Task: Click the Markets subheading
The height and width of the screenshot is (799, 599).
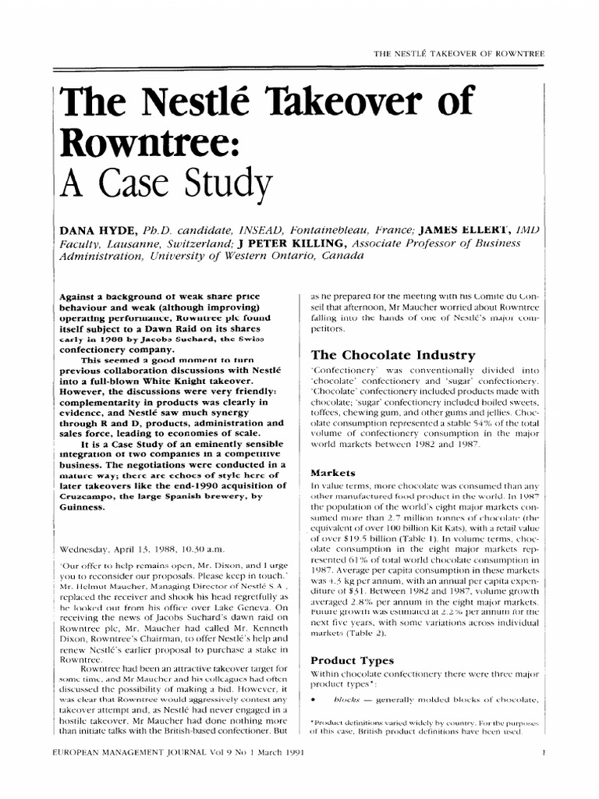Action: pyautogui.click(x=333, y=473)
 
